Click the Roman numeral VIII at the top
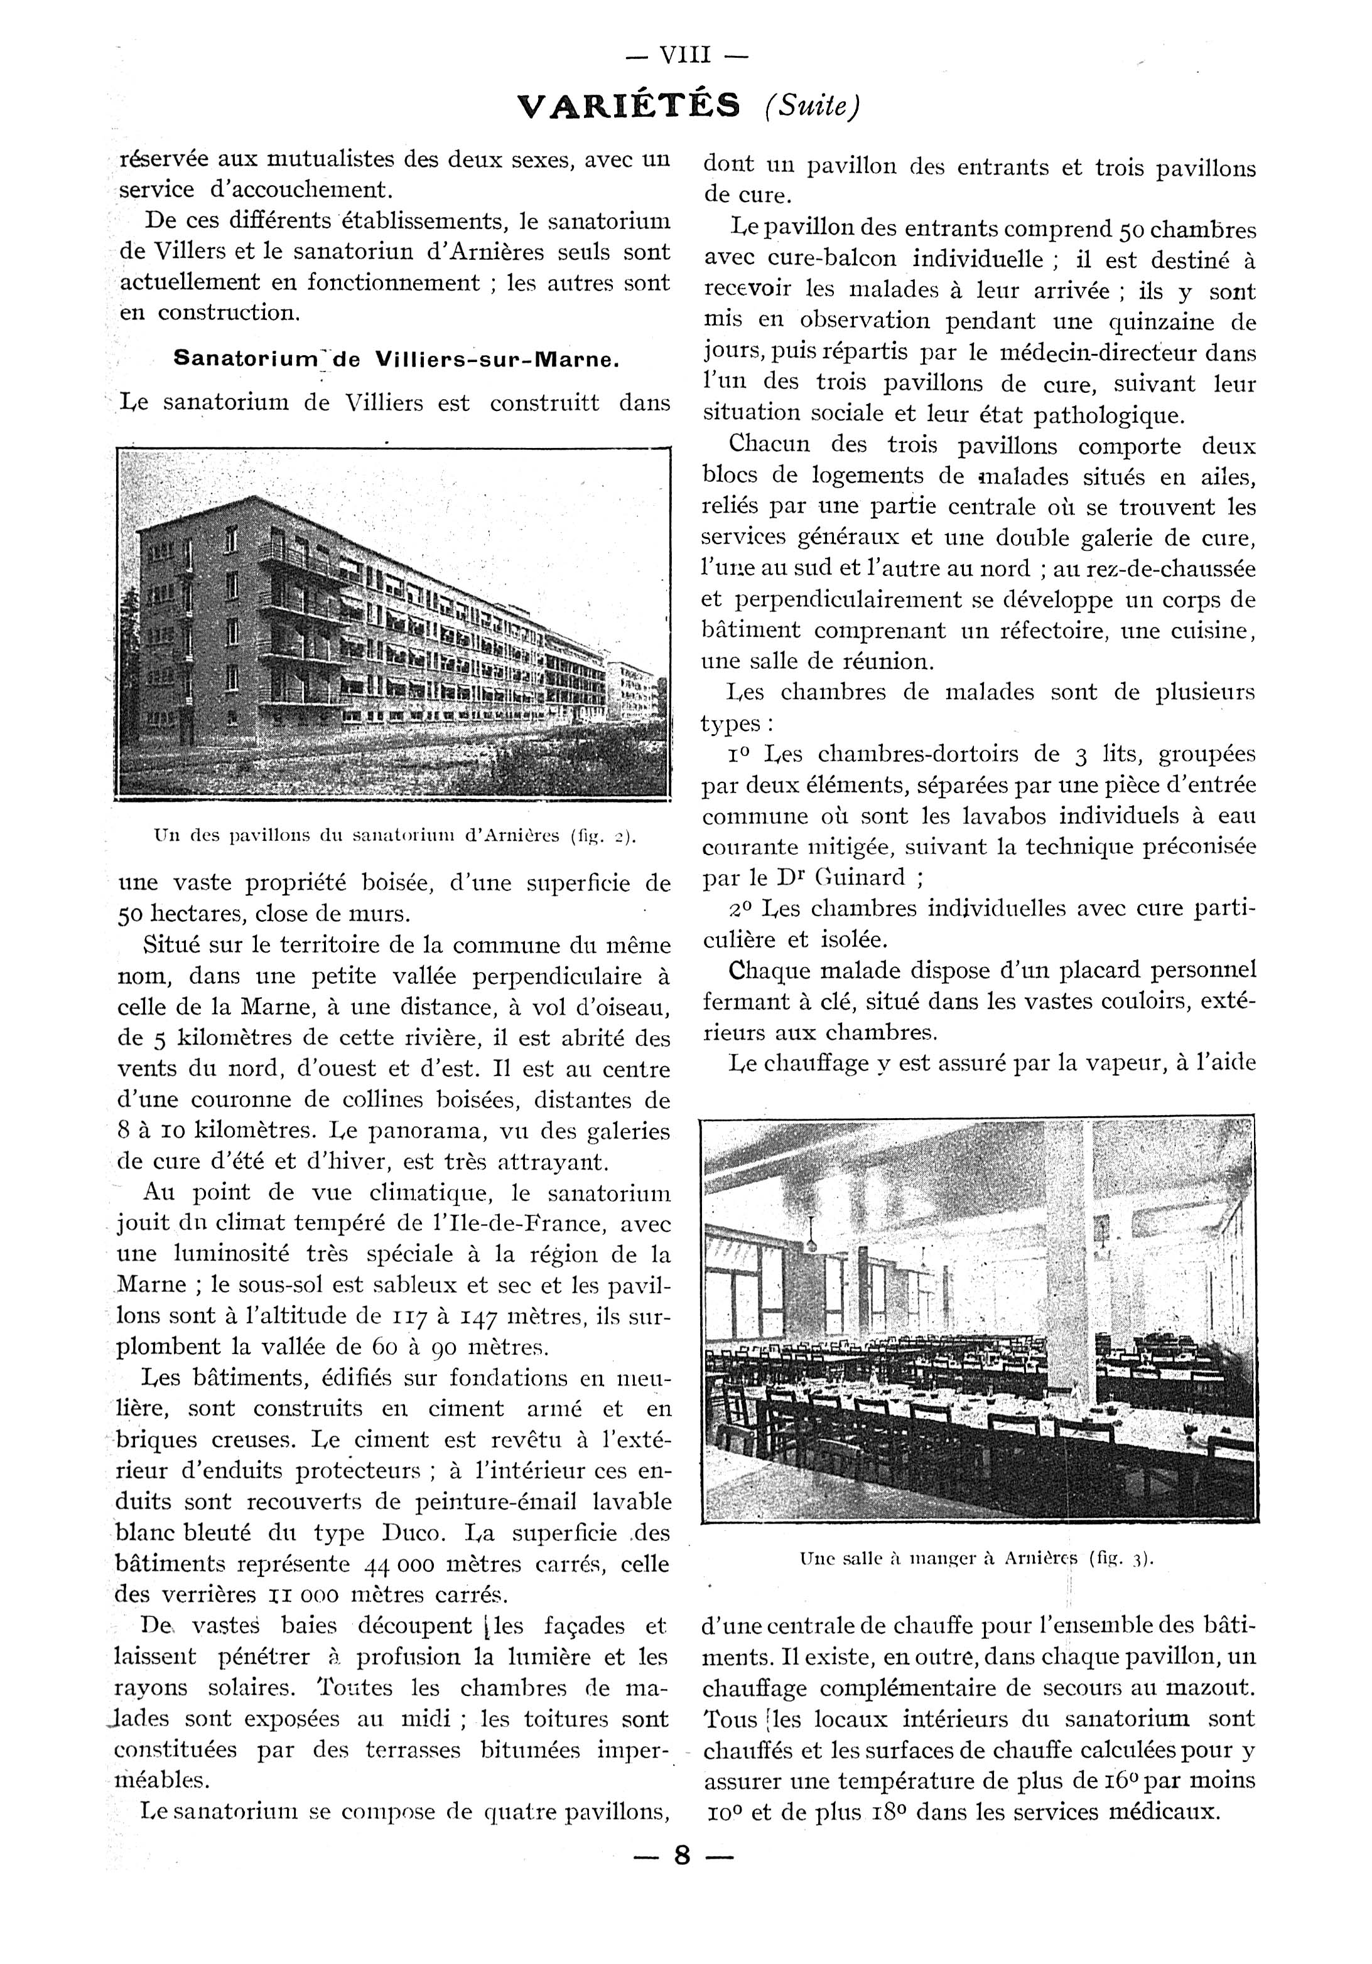pos(686,56)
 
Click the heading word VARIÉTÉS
pos(629,105)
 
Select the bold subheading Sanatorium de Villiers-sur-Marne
pos(396,360)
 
